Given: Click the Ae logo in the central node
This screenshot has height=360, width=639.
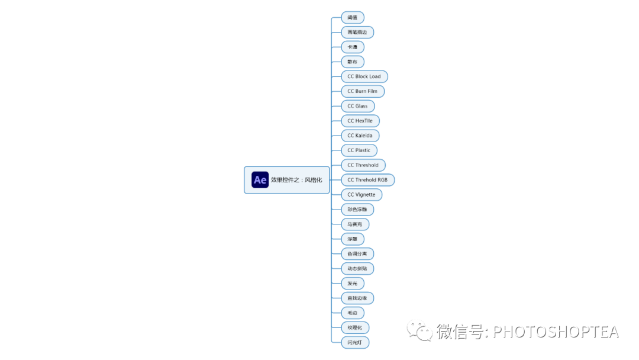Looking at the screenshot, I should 260,179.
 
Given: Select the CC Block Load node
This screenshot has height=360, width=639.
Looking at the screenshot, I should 364,76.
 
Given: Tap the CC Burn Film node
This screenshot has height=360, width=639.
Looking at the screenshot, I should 362,91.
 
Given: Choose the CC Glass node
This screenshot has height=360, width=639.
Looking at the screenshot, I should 357,106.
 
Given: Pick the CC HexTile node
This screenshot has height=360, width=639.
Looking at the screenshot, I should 360,121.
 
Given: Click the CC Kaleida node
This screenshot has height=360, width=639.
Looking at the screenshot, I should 360,136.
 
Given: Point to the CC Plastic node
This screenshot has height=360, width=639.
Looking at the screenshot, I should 359,150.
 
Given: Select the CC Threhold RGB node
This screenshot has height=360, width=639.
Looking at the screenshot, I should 367,180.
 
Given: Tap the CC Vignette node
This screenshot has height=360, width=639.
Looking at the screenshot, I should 361,195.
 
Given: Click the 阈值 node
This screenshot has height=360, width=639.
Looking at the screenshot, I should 353,18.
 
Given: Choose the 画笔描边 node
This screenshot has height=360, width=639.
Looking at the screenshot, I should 357,33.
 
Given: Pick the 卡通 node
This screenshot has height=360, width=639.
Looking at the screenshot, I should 353,47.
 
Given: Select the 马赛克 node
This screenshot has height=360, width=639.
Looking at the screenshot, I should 355,224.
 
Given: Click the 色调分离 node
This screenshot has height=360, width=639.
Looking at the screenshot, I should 357,254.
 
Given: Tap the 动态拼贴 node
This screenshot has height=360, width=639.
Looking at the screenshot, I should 357,269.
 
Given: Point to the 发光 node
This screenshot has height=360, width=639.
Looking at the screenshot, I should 353,284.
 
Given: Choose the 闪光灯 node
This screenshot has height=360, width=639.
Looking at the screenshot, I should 355,342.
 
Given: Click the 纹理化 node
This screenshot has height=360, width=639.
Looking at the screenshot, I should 355,327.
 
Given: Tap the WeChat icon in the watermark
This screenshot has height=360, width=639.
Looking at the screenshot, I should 419,331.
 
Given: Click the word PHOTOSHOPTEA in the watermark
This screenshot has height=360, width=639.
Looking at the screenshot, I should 556,332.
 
